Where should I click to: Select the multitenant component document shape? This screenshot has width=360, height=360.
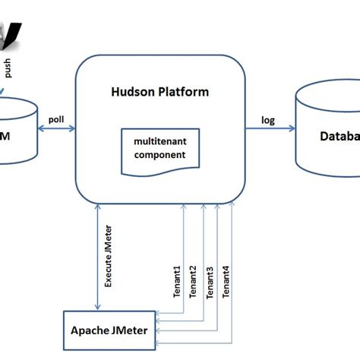[159, 148]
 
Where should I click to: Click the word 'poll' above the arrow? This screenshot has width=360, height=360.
[56, 119]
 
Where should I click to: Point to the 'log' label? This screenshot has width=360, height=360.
[269, 118]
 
